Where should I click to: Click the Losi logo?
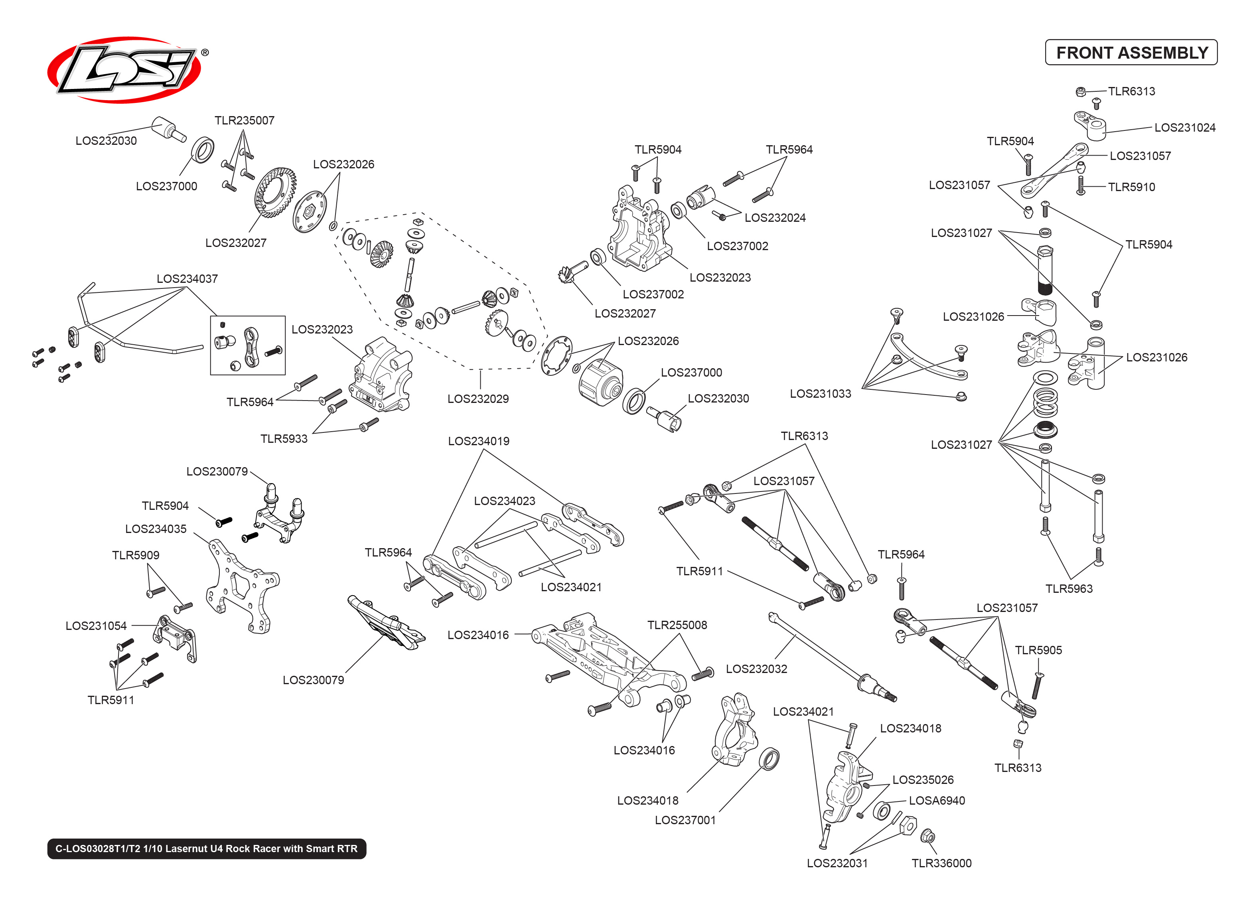124,70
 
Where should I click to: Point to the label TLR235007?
244,120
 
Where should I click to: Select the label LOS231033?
820,394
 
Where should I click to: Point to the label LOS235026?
923,780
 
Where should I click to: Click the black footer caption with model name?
206,849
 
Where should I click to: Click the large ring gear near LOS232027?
275,192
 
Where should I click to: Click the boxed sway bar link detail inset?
248,345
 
